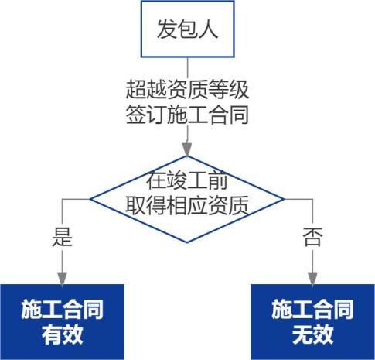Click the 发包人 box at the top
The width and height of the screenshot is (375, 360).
(187, 29)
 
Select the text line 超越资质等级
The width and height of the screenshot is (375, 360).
(187, 90)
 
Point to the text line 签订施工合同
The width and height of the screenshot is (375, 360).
(187, 115)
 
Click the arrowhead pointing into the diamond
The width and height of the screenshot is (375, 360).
(187, 149)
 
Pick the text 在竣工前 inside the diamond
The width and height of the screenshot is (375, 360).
(187, 181)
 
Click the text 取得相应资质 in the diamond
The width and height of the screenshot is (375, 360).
(187, 206)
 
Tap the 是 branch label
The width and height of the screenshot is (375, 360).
(62, 238)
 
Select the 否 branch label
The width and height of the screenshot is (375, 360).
(312, 238)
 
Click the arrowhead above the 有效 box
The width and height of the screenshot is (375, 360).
(62, 279)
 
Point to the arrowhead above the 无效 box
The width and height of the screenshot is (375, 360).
(312, 279)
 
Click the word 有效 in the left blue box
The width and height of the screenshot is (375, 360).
(62, 334)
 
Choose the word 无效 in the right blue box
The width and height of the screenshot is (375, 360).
(312, 334)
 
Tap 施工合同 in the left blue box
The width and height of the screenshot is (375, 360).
(62, 310)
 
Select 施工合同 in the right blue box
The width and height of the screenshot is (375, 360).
(312, 310)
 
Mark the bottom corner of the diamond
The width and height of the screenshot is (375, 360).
(187, 242)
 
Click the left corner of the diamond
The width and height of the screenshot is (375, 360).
(90, 199)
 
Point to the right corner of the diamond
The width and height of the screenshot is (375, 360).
(284, 199)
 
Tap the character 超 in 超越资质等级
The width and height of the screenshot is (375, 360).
(136, 90)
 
